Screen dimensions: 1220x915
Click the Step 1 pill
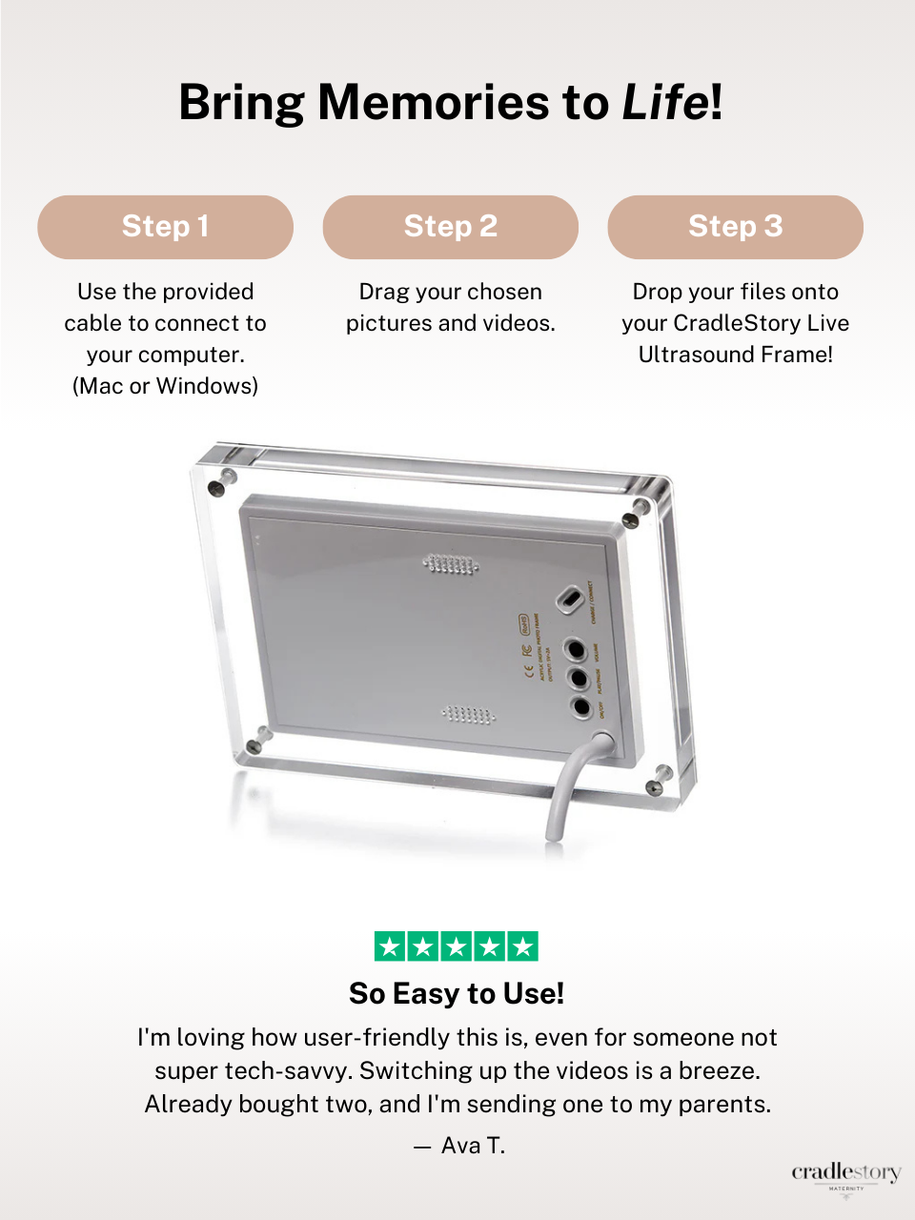pyautogui.click(x=165, y=227)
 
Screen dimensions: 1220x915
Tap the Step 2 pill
pyautogui.click(x=450, y=227)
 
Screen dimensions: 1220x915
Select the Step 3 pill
pyautogui.click(x=735, y=227)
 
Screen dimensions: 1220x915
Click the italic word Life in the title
pyautogui.click(x=665, y=102)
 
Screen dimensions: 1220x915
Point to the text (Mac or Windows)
pyautogui.click(x=165, y=386)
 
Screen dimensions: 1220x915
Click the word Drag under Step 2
pyautogui.click(x=383, y=292)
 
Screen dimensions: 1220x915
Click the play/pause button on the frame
pyautogui.click(x=578, y=679)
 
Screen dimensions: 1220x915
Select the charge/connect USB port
pyautogui.click(x=569, y=600)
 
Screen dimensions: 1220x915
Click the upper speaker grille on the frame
pyautogui.click(x=451, y=565)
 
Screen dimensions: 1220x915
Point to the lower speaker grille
pyautogui.click(x=468, y=714)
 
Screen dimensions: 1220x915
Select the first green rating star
pyautogui.click(x=390, y=946)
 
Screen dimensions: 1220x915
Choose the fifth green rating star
pyautogui.click(x=522, y=946)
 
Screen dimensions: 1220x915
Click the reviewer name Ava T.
pyautogui.click(x=473, y=1146)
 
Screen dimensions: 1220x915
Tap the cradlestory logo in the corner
pyautogui.click(x=845, y=1174)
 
